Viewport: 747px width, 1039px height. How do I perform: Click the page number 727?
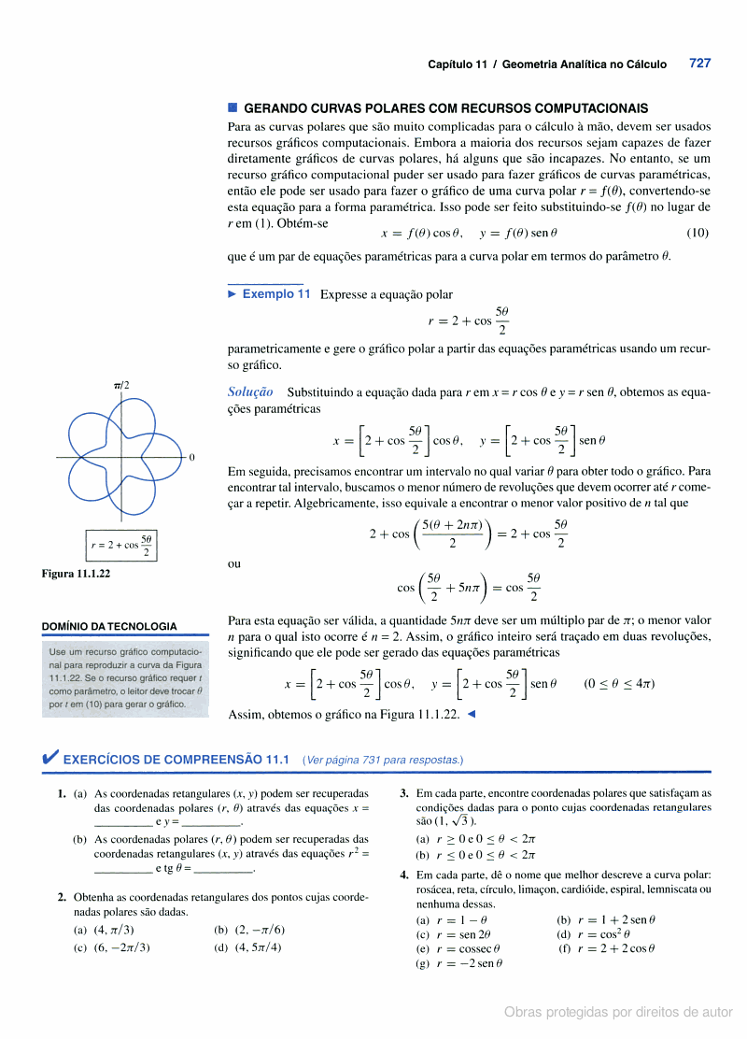(x=699, y=64)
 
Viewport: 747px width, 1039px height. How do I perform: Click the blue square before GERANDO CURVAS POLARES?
(x=233, y=108)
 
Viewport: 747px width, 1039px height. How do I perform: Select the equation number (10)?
(x=697, y=233)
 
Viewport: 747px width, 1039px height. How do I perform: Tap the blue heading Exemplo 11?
(x=275, y=293)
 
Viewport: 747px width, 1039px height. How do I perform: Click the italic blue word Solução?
(x=250, y=392)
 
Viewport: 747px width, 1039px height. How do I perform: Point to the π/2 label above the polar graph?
(x=121, y=385)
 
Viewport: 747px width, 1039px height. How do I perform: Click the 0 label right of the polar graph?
(x=191, y=457)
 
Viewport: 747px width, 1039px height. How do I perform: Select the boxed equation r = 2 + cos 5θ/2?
(x=121, y=545)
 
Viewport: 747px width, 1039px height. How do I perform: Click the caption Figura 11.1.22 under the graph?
(x=76, y=574)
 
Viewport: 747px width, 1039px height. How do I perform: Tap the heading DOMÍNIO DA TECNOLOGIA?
(x=109, y=626)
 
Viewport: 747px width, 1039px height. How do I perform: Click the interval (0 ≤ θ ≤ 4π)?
(x=618, y=684)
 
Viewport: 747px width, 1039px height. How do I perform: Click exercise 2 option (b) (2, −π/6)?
(x=249, y=930)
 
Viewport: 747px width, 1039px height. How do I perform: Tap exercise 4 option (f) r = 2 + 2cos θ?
(x=607, y=948)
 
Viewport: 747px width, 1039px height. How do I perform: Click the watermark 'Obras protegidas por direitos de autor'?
(x=618, y=1012)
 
